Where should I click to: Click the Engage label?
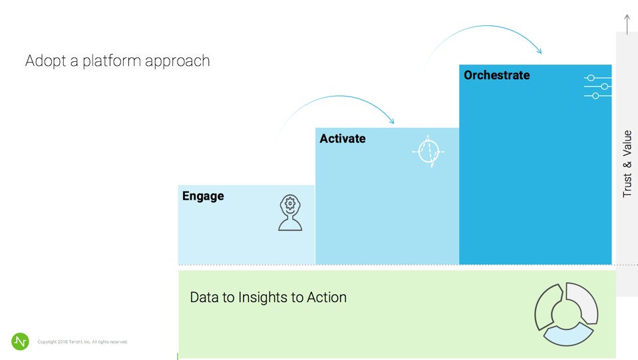203,196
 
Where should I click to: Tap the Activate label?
343,138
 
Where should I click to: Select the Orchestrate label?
497,75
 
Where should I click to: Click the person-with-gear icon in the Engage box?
290,213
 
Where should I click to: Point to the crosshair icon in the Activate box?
428,151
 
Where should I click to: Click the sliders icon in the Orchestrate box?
597,87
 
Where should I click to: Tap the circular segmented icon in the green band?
566,314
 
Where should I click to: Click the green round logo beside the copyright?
20,341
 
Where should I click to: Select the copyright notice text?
82,341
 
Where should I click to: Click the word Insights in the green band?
263,297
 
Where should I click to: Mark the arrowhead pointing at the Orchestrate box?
539,51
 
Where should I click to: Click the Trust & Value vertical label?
627,164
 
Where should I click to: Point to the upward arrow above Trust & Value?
627,25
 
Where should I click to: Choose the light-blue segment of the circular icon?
568,334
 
